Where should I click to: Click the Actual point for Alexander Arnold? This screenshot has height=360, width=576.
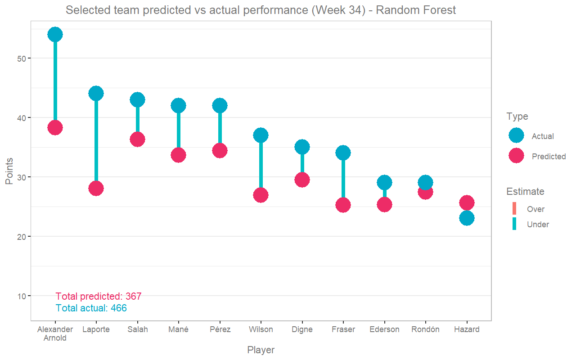55,34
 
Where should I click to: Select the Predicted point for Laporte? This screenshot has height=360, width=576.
96,188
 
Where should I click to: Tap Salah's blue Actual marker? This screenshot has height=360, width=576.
137,99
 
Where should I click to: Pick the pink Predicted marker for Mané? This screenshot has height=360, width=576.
178,155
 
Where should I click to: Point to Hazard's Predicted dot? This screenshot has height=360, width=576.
467,203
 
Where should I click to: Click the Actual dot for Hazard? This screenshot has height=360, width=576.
467,218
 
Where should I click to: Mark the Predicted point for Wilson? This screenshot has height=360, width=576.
261,195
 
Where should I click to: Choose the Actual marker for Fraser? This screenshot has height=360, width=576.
343,153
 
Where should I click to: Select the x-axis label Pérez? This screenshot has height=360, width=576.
220,329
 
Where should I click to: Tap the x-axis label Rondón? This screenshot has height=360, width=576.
425,329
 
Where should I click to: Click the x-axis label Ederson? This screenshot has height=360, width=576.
384,329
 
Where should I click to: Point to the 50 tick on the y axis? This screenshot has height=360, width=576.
22,58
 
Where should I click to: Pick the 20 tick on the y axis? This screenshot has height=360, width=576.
22,237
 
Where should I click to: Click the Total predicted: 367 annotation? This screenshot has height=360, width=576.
99,297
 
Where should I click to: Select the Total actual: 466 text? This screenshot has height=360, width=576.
91,308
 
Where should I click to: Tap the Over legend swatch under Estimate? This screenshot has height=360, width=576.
514,209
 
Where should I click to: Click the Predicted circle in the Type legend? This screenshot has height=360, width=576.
516,156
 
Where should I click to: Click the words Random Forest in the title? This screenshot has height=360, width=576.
416,10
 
